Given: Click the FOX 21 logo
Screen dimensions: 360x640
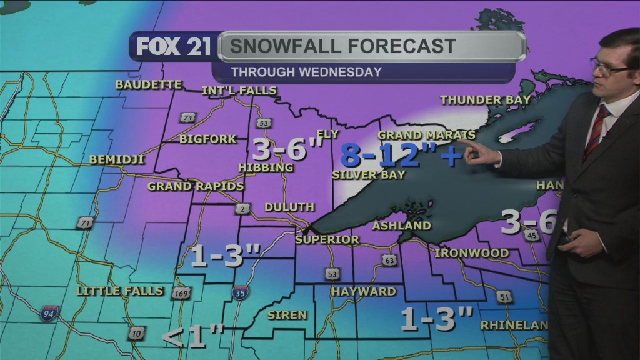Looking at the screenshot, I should coord(173,47).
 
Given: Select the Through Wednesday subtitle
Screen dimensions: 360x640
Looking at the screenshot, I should coord(306,72).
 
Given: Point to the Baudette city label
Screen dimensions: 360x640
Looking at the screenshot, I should coord(149,84).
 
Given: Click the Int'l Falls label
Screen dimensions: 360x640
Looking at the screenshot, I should coord(239,91).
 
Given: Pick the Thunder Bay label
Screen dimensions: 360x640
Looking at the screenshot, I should coord(485,99).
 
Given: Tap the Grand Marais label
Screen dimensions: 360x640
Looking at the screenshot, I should coord(426,135).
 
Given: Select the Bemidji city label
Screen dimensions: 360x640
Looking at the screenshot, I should coord(117,159).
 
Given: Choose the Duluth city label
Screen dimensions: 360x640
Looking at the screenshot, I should coord(289,207).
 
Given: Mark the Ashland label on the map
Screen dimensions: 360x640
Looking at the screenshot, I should coord(402,226).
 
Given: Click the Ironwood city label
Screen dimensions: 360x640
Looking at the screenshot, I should coord(471,253).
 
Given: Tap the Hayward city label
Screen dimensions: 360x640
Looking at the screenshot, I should coord(364,292).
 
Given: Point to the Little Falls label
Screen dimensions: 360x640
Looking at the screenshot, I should coord(120,291).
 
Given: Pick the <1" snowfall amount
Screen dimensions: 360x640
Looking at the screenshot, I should coord(193,337).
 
